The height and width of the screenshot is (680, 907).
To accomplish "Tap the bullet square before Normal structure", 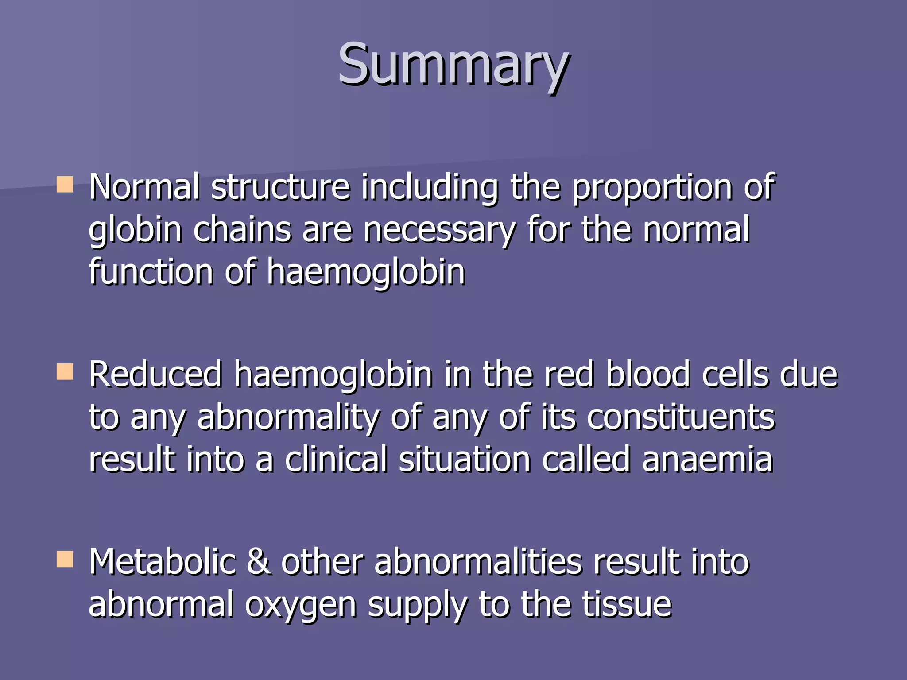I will pyautogui.click(x=65, y=185).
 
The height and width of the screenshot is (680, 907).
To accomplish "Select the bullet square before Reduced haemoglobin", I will pyautogui.click(x=65, y=372).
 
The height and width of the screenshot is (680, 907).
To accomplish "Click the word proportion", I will pyautogui.click(x=651, y=188).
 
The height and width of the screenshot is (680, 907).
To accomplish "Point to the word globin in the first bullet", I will pyautogui.click(x=135, y=230).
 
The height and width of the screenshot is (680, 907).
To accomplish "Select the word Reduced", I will pyautogui.click(x=155, y=375).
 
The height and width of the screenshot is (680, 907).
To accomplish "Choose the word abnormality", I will pyautogui.click(x=288, y=417).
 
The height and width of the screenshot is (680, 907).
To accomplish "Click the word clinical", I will pyautogui.click(x=336, y=460).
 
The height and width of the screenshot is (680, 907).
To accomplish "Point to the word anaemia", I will pyautogui.click(x=707, y=460).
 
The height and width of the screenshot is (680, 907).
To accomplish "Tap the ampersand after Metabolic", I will pyautogui.click(x=259, y=561).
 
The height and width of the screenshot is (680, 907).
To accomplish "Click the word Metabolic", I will pyautogui.click(x=162, y=561).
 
